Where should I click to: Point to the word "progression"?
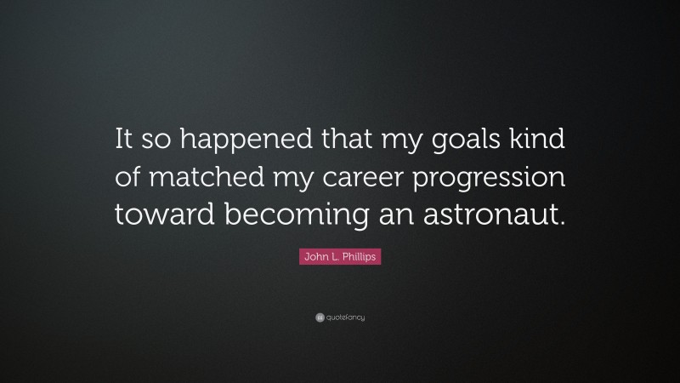point(495,181)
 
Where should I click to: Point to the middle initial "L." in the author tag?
point(334,257)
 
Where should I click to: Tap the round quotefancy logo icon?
point(319,317)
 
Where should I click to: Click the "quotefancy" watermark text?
point(346,317)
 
